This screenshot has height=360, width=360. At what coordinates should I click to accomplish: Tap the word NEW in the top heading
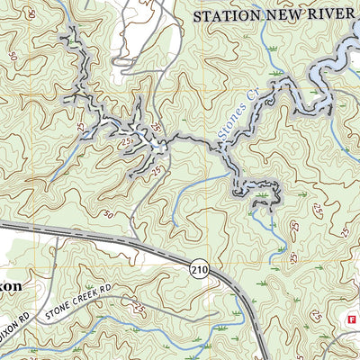pos(283,15)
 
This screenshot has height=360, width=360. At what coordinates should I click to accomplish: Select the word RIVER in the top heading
pos(328,15)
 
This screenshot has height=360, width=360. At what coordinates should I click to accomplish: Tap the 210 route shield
pos(201,268)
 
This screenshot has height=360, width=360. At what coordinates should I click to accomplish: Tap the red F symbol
pos(352,319)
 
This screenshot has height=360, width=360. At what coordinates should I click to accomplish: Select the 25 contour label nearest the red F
pos(316,315)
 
